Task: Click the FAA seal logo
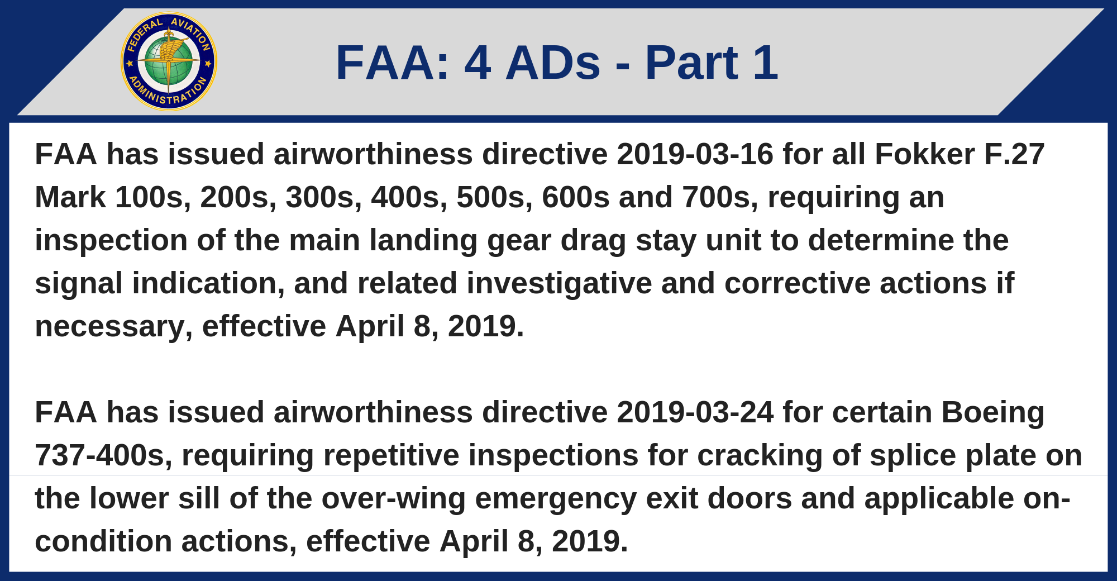coord(169,61)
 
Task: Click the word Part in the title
coord(691,63)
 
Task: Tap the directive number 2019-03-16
coord(695,154)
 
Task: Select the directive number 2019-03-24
coord(695,412)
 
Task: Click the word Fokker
coord(925,154)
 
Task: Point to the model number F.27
coord(1014,154)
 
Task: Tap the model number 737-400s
coord(104,456)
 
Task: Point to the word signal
coord(79,284)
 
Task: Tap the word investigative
coord(559,283)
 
